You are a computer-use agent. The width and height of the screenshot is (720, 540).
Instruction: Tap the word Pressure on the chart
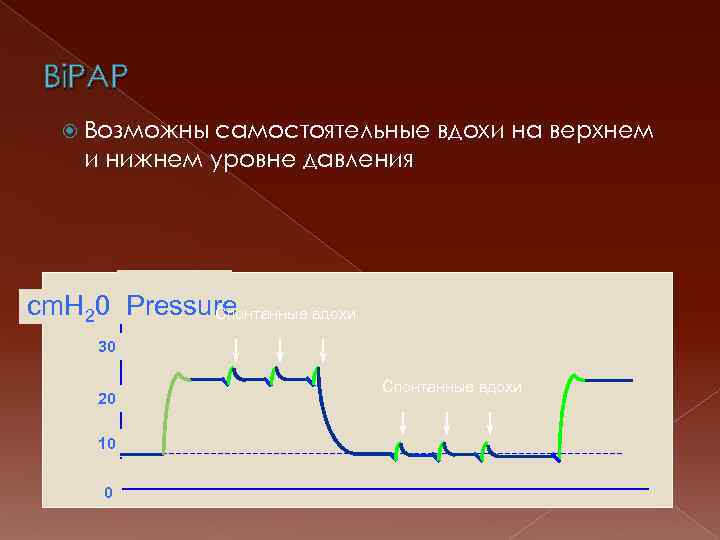click(182, 305)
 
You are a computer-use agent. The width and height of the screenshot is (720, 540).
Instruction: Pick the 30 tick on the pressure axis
click(106, 346)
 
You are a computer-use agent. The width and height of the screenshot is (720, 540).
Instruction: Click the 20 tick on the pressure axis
click(106, 399)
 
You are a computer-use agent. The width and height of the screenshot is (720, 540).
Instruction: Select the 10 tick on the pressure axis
click(106, 442)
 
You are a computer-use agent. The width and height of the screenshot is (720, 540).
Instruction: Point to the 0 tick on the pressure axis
click(108, 492)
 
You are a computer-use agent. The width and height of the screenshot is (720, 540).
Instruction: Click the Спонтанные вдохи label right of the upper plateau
click(451, 387)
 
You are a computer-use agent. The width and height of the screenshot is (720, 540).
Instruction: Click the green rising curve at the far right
click(565, 410)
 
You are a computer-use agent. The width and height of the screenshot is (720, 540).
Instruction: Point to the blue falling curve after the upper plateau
click(330, 420)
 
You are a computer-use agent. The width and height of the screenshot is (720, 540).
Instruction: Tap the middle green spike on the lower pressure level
click(443, 449)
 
